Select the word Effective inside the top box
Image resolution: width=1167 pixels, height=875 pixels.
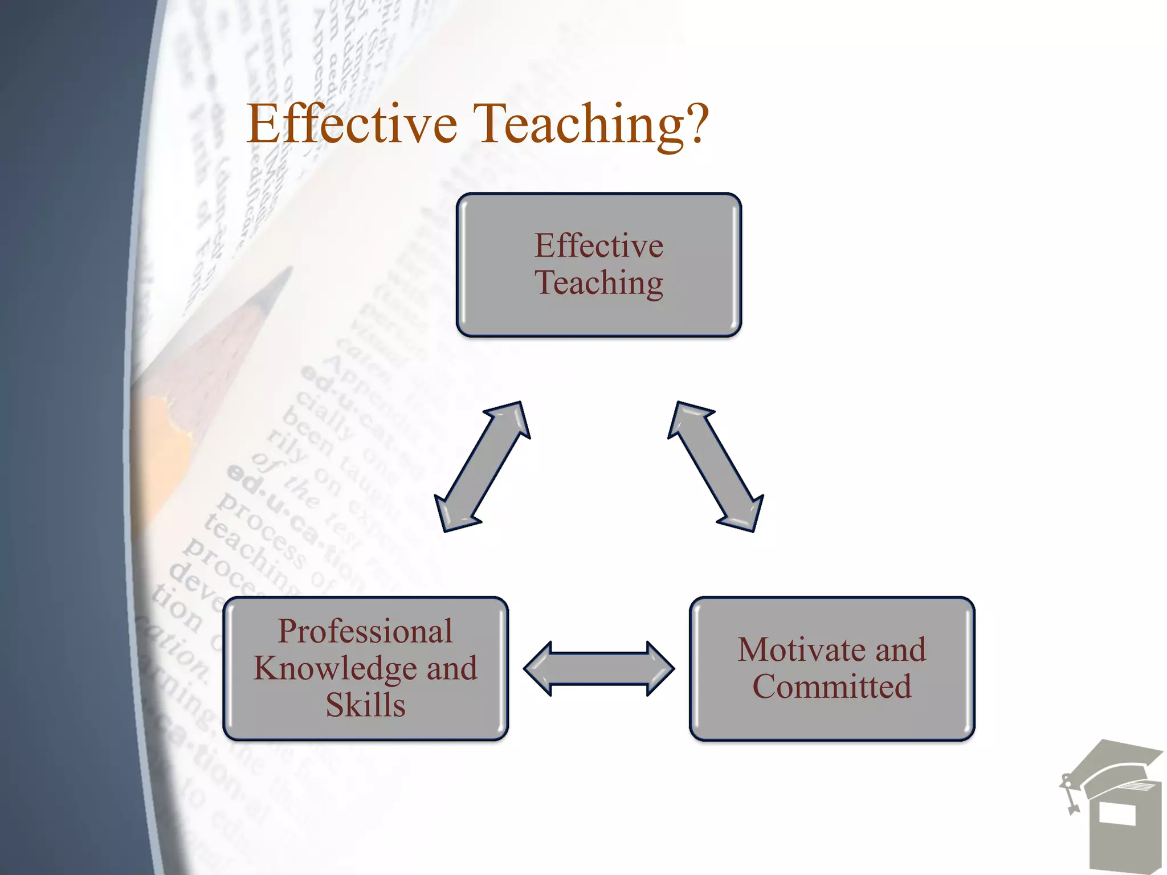pos(599,246)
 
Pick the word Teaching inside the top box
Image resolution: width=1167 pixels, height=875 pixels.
pos(599,283)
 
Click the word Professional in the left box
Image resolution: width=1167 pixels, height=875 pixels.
pos(365,631)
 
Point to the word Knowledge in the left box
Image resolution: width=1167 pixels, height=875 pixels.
pos(335,668)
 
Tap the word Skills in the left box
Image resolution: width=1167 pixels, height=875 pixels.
pos(365,705)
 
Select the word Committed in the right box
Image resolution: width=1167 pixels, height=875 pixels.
pos(832,686)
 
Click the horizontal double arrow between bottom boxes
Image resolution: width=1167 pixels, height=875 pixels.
pos(599,669)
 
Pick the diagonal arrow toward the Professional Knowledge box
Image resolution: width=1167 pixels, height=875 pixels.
pos(482,467)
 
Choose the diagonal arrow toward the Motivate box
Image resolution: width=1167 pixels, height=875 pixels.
pos(716,467)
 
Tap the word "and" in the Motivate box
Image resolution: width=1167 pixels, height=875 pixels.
pos(901,649)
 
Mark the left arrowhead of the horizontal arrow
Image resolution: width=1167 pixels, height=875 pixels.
pos(538,669)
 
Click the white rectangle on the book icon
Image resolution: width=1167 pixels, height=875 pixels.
pos(1117,813)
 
